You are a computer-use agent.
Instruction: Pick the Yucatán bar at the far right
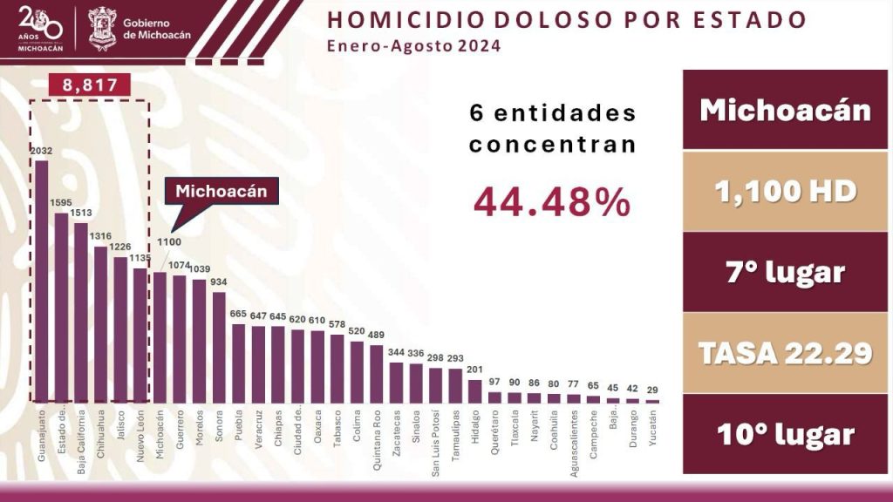point(652,401)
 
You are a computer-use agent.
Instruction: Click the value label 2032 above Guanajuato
point(41,151)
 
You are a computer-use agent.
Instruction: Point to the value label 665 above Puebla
point(238,314)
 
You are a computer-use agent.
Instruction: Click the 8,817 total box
point(90,85)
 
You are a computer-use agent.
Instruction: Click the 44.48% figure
point(552,203)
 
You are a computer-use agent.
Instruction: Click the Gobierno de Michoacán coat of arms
point(102,28)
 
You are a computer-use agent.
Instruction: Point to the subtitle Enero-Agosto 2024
point(414,46)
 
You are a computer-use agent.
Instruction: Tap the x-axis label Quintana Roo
point(377,440)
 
